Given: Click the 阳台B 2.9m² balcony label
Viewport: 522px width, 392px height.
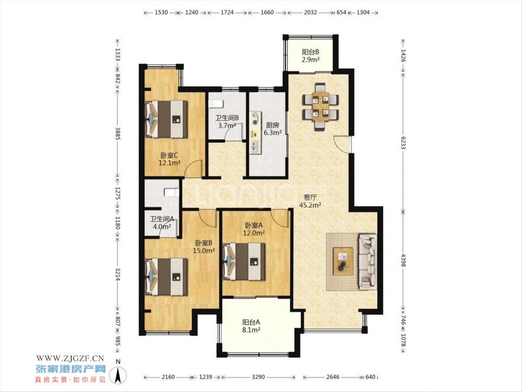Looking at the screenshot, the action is tap(310, 56).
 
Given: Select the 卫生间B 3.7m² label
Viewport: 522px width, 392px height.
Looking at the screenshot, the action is tap(227, 122).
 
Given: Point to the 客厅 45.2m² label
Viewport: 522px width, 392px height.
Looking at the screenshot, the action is tap(309, 201).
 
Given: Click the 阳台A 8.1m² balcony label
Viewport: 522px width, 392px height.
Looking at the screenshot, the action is tap(251, 326).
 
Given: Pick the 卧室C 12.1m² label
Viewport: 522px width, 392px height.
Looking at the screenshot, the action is tap(170, 159).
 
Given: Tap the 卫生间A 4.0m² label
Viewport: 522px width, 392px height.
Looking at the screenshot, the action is tap(162, 223).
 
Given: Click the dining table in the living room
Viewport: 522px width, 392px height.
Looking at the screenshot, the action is tap(320, 106).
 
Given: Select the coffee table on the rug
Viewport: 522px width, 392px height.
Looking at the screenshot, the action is tap(343, 261).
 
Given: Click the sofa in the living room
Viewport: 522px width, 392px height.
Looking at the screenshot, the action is tap(368, 262).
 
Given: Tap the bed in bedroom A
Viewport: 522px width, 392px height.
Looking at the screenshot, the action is tap(244, 262).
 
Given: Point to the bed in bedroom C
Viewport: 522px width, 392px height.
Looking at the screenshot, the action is tap(166, 119).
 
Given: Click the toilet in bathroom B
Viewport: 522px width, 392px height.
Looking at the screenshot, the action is tap(215, 104).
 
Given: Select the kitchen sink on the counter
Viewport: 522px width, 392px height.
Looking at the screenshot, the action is tap(255, 146).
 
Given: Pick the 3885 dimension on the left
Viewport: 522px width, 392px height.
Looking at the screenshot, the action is tap(117, 133).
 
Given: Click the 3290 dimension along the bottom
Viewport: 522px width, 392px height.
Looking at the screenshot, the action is tap(258, 377).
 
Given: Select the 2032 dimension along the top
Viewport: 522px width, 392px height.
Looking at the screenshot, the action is tap(310, 13).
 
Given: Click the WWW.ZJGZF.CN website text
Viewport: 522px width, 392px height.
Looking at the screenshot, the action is tap(70, 358).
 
